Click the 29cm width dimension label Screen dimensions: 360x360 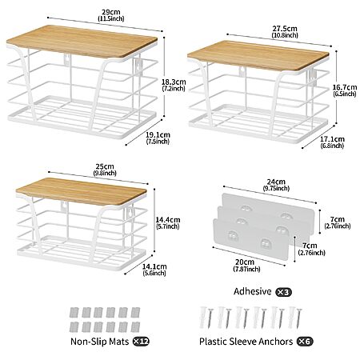(111, 15)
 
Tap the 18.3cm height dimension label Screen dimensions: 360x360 (174, 85)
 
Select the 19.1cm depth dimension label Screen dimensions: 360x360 (158, 138)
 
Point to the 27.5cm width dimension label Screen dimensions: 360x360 (285, 31)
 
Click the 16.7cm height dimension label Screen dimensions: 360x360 (345, 90)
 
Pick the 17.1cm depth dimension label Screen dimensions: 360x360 (332, 142)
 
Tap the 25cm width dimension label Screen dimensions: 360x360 (105, 170)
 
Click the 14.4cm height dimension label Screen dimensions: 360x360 (168, 223)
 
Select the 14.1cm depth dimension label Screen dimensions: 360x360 (154, 270)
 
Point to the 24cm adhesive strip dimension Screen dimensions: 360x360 (276, 185)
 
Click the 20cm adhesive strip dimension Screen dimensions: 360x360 (246, 266)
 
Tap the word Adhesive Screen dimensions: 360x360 (253, 291)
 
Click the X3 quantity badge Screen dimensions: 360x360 (283, 292)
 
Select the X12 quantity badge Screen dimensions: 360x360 (141, 342)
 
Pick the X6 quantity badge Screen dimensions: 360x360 (305, 342)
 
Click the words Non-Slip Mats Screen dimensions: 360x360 (100, 342)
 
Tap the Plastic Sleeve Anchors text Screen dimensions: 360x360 (246, 342)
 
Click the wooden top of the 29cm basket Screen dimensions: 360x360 (82, 42)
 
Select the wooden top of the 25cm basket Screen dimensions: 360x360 (81, 191)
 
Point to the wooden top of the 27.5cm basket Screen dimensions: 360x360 (258, 56)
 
